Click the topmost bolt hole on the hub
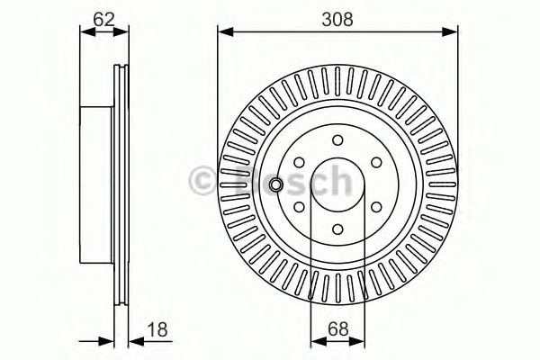coord(337,139)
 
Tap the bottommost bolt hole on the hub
coord(337,229)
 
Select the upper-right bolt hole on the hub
coord(375,162)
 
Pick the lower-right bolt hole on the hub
coord(375,206)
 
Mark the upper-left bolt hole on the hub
coord(298,162)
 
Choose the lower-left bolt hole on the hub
coord(298,206)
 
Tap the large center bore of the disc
coord(337,184)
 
